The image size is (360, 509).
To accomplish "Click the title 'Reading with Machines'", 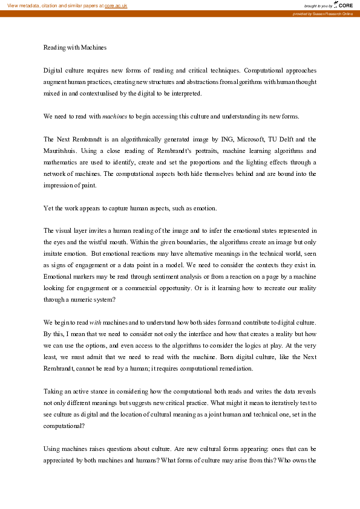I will (x=75, y=47).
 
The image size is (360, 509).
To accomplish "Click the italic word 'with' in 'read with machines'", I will (x=96, y=323).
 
